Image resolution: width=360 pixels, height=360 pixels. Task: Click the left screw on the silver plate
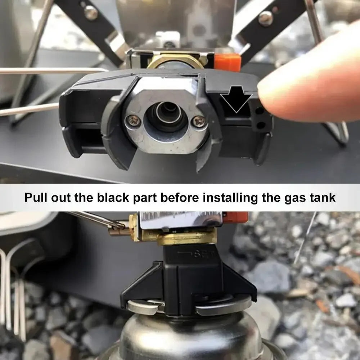(x=134, y=121)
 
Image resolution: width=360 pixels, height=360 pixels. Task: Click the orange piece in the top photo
(x=227, y=62)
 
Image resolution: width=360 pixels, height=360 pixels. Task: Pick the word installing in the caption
(x=228, y=198)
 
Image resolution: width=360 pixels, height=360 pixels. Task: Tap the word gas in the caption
(x=293, y=198)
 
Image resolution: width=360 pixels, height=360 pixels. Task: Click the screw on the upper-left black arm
(x=91, y=13)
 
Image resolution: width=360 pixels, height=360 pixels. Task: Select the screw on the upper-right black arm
(x=266, y=18)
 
